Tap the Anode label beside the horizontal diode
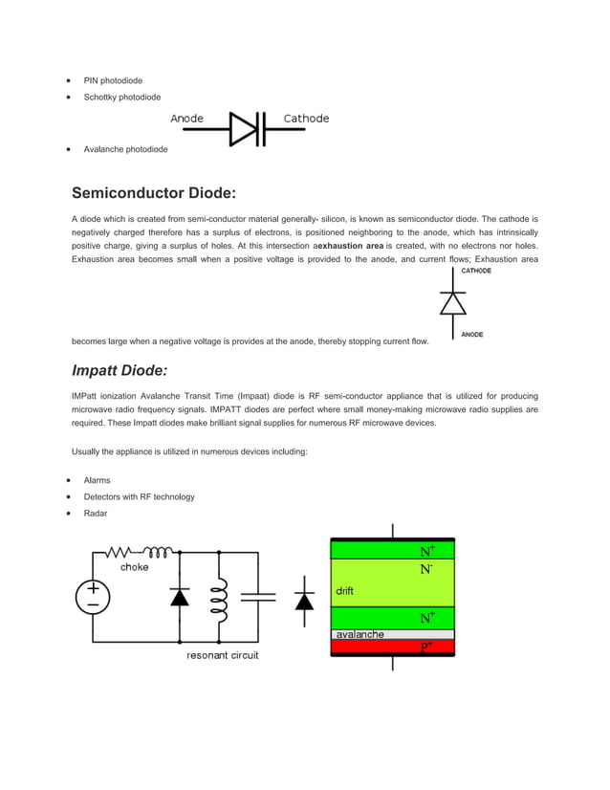tap(187, 119)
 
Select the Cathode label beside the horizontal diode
tap(306, 119)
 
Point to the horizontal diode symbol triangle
tap(245, 127)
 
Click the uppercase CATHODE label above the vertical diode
tap(476, 271)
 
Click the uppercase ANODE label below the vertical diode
tap(472, 335)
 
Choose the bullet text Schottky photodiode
tap(121, 98)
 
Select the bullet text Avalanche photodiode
tap(125, 149)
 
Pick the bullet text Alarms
tap(97, 480)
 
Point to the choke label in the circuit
tap(134, 567)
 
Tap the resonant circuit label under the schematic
tap(222, 655)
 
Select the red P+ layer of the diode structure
tap(392, 647)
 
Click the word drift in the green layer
tap(344, 591)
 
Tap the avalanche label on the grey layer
tap(359, 634)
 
